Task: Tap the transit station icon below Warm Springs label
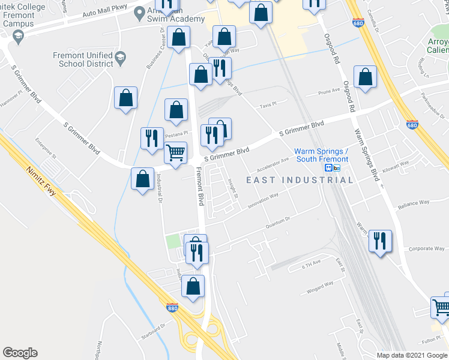pos(329,168)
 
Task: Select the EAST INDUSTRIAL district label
pos(300,180)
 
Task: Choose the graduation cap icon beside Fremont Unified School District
pos(120,58)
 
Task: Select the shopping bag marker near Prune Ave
pos(364,77)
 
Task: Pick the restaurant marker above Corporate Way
pos(380,241)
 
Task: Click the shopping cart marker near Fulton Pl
pos(441,307)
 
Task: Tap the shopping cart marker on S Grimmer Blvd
pos(175,152)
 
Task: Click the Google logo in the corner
pos(20,353)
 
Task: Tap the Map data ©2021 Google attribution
pos(412,355)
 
